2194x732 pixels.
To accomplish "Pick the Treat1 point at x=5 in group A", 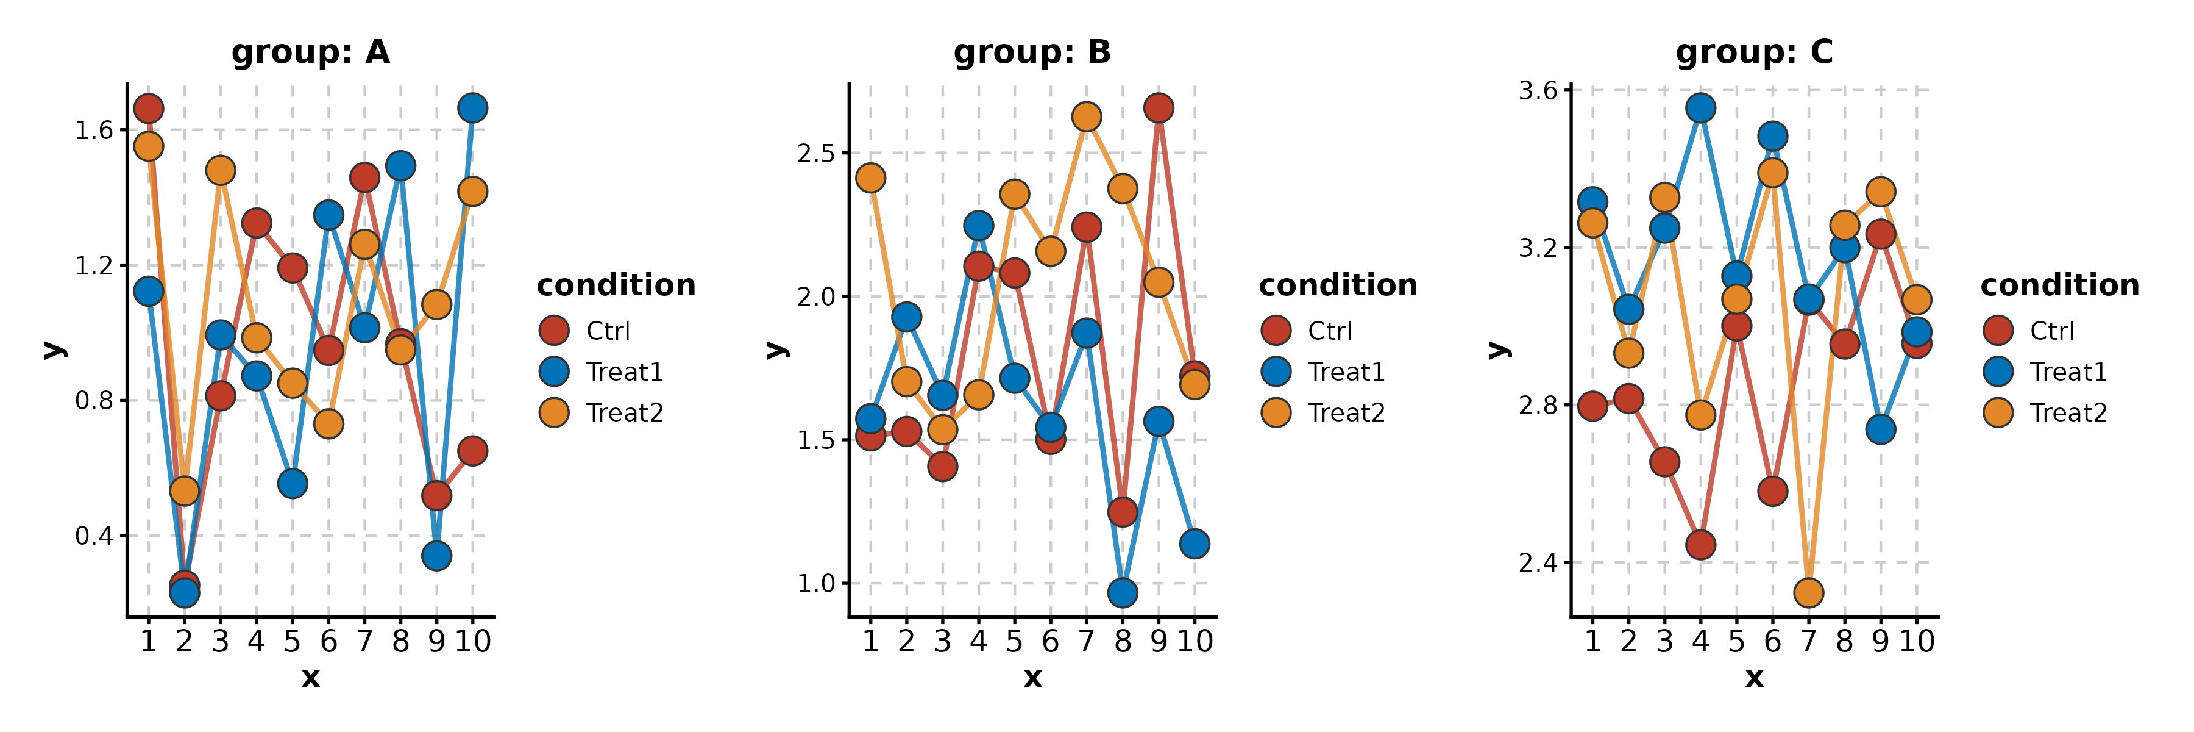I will tap(292, 484).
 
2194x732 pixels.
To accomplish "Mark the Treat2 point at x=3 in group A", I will tap(221, 170).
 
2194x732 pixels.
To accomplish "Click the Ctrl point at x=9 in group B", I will tap(1159, 108).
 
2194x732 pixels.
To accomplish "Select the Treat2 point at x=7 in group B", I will tap(1086, 117).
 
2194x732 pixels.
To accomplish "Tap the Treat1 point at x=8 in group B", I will tap(1123, 593).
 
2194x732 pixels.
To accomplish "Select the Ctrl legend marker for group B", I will tap(1276, 330).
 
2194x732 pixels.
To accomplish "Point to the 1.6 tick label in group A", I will tap(94, 131).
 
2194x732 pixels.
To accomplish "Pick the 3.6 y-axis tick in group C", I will tap(1538, 90).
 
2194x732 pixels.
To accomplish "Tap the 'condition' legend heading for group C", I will tap(2059, 285).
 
